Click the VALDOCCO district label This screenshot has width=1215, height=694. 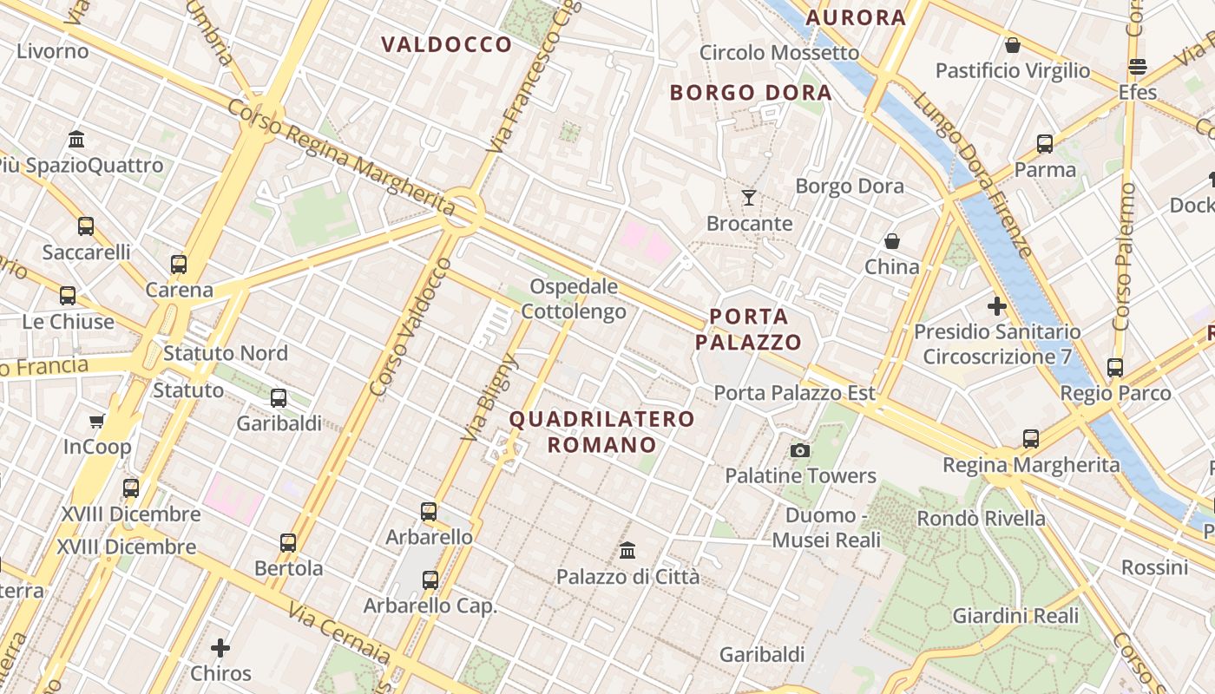(x=447, y=45)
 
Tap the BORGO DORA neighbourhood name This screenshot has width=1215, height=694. (x=751, y=93)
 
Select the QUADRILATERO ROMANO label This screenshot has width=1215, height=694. (x=601, y=432)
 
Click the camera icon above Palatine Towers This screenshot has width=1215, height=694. (x=800, y=450)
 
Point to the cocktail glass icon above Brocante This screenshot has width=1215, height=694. (x=748, y=198)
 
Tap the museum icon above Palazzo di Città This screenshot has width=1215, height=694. (x=627, y=550)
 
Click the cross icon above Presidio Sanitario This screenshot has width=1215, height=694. (x=997, y=306)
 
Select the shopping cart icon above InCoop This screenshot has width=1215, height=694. (x=96, y=422)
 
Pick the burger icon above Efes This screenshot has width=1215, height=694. (x=1137, y=67)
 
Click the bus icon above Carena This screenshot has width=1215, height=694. (x=179, y=265)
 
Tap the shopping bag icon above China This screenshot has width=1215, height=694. (x=891, y=241)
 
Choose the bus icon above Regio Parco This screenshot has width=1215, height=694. (x=1115, y=368)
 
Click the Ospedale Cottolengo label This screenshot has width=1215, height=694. (x=574, y=298)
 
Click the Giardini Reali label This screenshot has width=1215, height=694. (x=1015, y=616)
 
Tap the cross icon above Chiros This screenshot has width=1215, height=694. (x=220, y=648)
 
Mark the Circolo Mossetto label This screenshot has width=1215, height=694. (x=778, y=53)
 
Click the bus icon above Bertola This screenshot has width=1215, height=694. (x=288, y=544)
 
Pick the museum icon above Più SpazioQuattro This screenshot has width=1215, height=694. (x=76, y=140)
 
